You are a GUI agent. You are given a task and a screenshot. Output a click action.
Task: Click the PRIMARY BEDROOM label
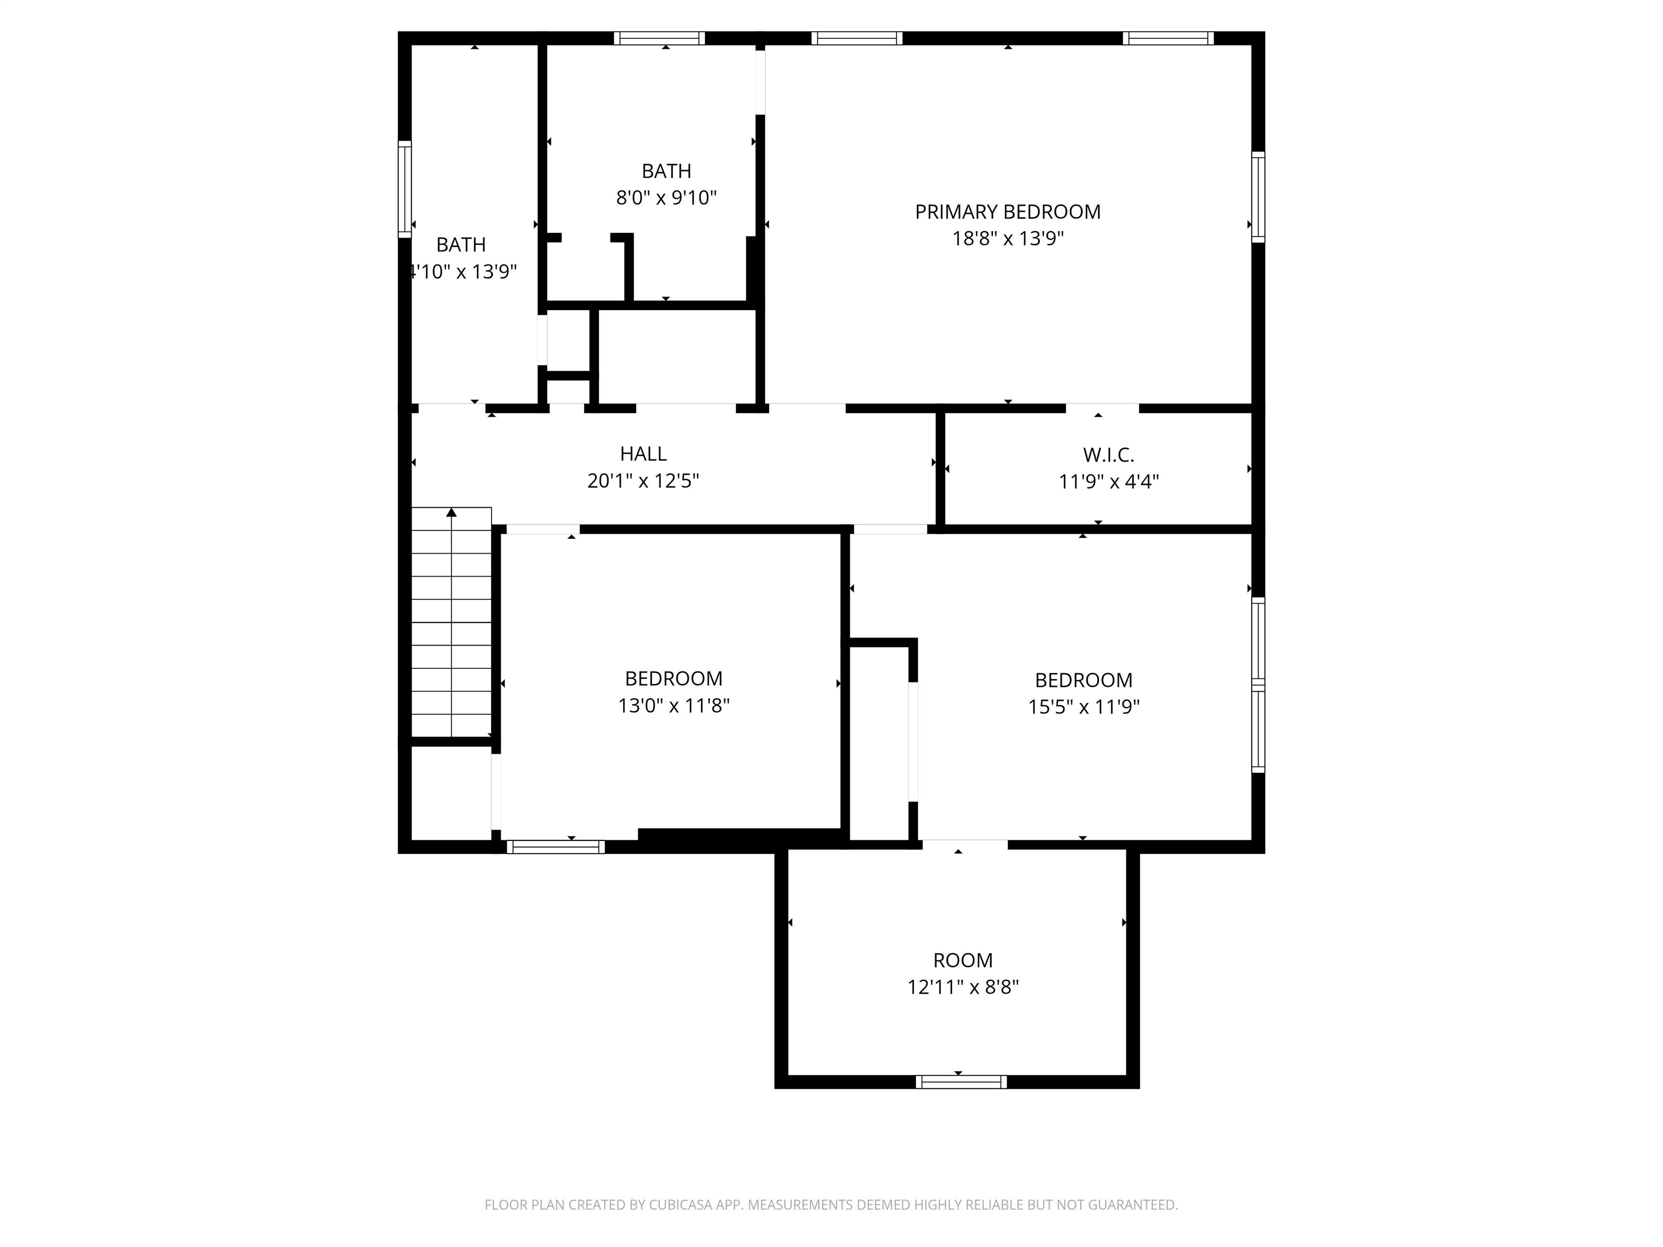pyautogui.click(x=1007, y=212)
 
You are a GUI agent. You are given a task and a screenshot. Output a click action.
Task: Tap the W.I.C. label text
pyautogui.click(x=1108, y=455)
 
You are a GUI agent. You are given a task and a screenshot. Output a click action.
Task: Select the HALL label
pyautogui.click(x=643, y=454)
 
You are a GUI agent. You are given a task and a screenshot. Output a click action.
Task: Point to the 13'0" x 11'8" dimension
pyautogui.click(x=673, y=706)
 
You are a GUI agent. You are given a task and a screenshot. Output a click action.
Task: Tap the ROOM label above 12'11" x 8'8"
pyautogui.click(x=963, y=961)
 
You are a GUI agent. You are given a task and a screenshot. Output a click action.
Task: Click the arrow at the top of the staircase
pyautogui.click(x=451, y=513)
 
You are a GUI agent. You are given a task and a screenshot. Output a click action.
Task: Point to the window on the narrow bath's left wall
pyautogui.click(x=404, y=189)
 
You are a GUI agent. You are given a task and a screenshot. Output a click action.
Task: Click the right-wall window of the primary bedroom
pyautogui.click(x=1258, y=197)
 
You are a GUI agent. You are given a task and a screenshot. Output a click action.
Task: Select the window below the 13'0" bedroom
pyautogui.click(x=555, y=847)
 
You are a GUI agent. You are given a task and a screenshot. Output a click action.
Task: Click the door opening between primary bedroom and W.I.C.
pyautogui.click(x=1102, y=408)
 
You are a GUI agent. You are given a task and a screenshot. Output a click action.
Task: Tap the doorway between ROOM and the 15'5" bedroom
pyautogui.click(x=965, y=845)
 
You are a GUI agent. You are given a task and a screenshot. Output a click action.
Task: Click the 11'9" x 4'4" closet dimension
pyautogui.click(x=1108, y=482)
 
